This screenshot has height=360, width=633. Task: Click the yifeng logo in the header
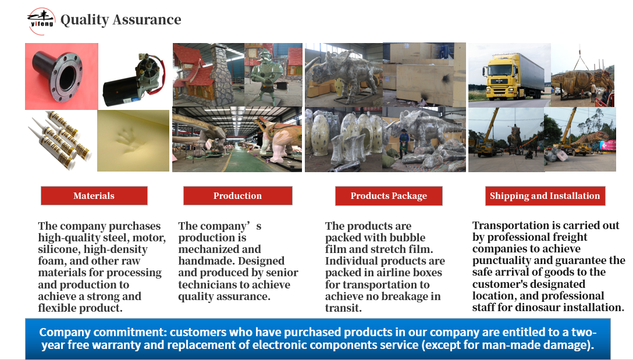41,21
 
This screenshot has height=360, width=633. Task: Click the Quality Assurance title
120,19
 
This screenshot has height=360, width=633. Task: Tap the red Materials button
94,196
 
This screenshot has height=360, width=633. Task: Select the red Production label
238,196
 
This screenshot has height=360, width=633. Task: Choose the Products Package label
389,196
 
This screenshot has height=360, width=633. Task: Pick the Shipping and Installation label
545,196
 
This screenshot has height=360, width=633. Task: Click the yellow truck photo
510,75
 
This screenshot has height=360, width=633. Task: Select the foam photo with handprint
133,140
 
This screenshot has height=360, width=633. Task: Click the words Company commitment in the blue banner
103,332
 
